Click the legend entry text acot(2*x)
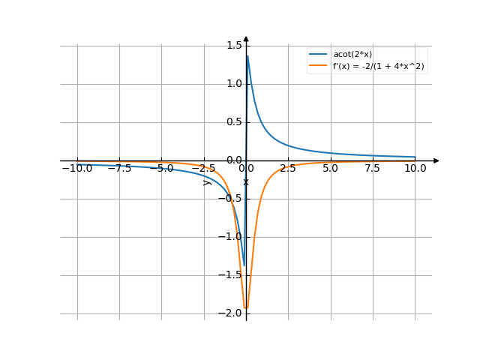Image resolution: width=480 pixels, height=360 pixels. pyautogui.click(x=352, y=54)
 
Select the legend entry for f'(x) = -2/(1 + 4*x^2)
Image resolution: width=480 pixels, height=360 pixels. pyautogui.click(x=378, y=66)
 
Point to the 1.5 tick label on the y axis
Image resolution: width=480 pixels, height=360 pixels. pyautogui.click(x=234, y=45)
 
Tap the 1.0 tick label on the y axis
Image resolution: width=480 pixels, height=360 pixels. pyautogui.click(x=234, y=83)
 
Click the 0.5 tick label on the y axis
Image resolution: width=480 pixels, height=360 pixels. pyautogui.click(x=234, y=122)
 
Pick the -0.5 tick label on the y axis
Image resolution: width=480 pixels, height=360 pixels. pyautogui.click(x=232, y=199)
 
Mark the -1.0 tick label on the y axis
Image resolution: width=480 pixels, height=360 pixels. pyautogui.click(x=232, y=237)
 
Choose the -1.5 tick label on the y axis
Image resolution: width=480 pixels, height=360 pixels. pyautogui.click(x=232, y=275)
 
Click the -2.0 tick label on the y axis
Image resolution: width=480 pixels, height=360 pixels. pyautogui.click(x=232, y=313)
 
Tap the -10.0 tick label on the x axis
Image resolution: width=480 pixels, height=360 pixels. pyautogui.click(x=77, y=169)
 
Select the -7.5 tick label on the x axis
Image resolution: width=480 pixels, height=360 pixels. pyautogui.click(x=119, y=169)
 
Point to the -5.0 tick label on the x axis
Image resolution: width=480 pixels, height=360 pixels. pyautogui.click(x=161, y=169)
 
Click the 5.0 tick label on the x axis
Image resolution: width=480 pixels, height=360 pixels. pyautogui.click(x=331, y=169)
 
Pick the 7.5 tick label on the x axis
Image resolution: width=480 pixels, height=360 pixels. pyautogui.click(x=373, y=169)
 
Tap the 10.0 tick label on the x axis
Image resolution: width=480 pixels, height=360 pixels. pyautogui.click(x=415, y=169)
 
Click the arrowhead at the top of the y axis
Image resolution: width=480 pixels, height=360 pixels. pyautogui.click(x=246, y=39)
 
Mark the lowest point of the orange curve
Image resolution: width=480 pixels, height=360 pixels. pyautogui.click(x=246, y=307)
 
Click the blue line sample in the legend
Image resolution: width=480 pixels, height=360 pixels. pyautogui.click(x=319, y=54)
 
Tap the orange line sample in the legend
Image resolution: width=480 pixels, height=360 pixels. pyautogui.click(x=319, y=66)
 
